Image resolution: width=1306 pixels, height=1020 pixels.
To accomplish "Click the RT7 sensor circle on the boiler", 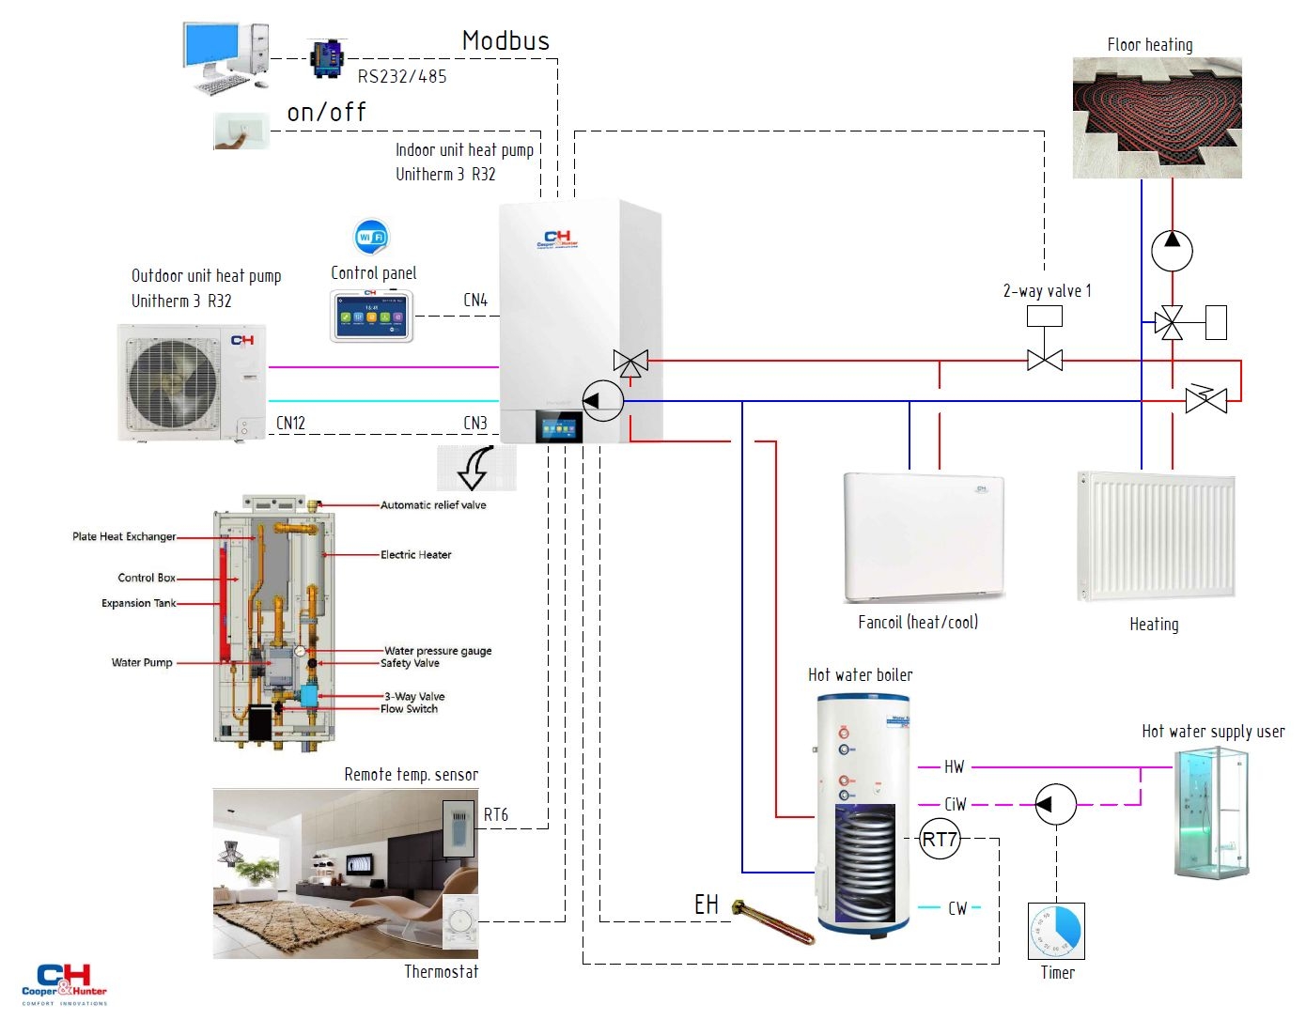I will [939, 839].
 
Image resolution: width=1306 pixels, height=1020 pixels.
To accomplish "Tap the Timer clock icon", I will [1056, 931].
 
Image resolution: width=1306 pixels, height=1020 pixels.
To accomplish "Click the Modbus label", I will [505, 40].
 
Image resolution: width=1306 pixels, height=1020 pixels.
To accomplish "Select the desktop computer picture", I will [226, 57].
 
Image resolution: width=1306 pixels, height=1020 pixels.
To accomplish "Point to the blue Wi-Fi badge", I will [371, 237].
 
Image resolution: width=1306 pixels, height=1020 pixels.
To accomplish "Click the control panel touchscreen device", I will [372, 316].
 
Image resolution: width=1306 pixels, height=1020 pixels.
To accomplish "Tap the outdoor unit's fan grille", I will [173, 381].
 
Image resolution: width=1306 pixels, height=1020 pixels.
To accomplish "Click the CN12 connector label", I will [290, 424].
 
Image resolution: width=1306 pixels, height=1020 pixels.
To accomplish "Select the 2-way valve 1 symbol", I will [1044, 360].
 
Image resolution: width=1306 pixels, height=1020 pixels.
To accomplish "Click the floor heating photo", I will [1157, 117].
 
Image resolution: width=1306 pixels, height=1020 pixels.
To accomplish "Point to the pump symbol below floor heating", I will [1172, 251].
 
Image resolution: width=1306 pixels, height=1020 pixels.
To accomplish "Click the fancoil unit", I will [923, 536].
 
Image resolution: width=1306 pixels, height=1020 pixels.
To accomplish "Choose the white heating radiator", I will [1155, 536].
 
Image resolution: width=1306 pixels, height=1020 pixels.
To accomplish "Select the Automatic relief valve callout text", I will [433, 505].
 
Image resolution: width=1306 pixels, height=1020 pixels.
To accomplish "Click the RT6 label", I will [496, 815].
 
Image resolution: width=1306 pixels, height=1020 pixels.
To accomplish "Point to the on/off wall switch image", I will [241, 131].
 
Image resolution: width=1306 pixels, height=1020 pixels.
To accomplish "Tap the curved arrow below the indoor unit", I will [476, 467].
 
